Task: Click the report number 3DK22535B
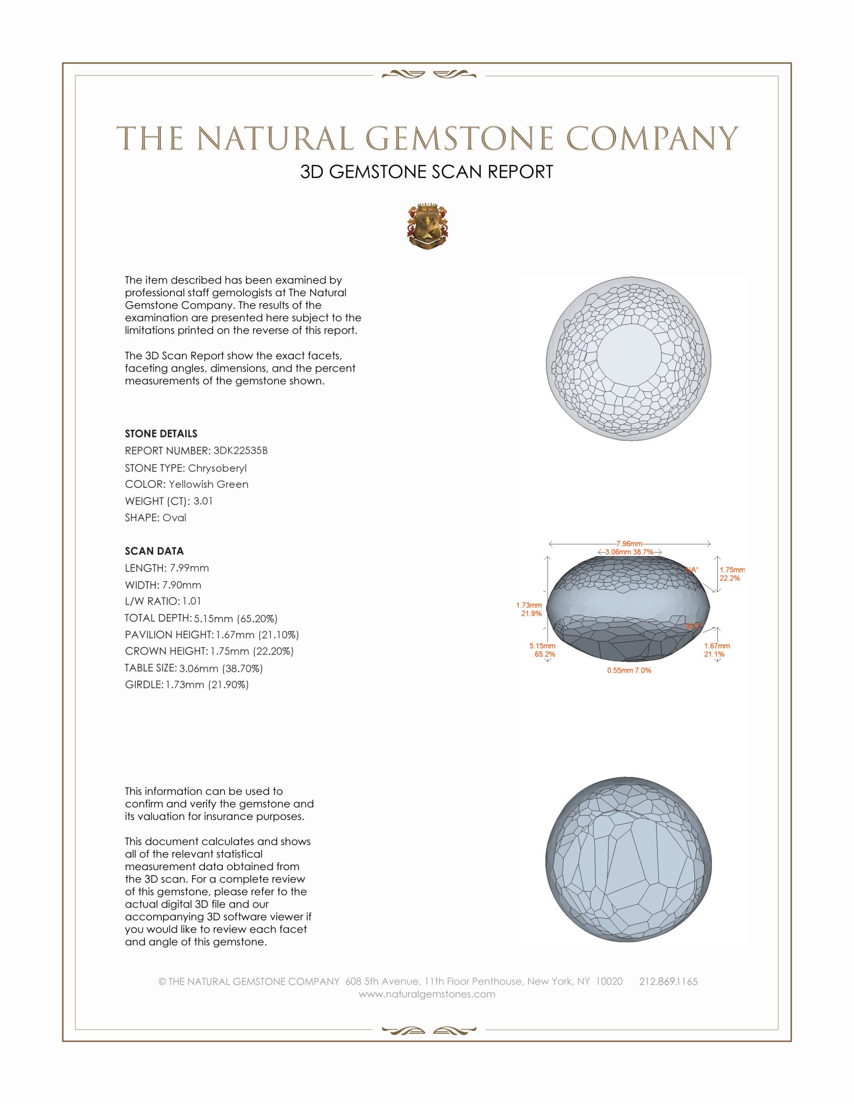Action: click(240, 451)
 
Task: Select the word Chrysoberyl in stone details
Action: click(217, 468)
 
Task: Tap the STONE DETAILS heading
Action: click(161, 434)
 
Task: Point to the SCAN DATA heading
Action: click(154, 551)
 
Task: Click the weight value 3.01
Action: click(203, 501)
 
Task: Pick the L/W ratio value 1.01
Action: click(192, 601)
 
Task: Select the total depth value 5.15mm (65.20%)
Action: click(235, 618)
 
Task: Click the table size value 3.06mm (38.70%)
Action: click(221, 668)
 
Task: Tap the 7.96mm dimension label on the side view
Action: click(629, 543)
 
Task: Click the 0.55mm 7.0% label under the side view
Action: click(629, 670)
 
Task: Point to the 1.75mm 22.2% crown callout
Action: click(731, 574)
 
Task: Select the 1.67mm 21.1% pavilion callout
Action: click(716, 649)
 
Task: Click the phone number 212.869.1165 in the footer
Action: click(668, 981)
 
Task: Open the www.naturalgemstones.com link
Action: click(427, 994)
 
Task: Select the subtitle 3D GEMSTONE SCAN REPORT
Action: click(426, 172)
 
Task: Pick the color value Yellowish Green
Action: click(208, 484)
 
